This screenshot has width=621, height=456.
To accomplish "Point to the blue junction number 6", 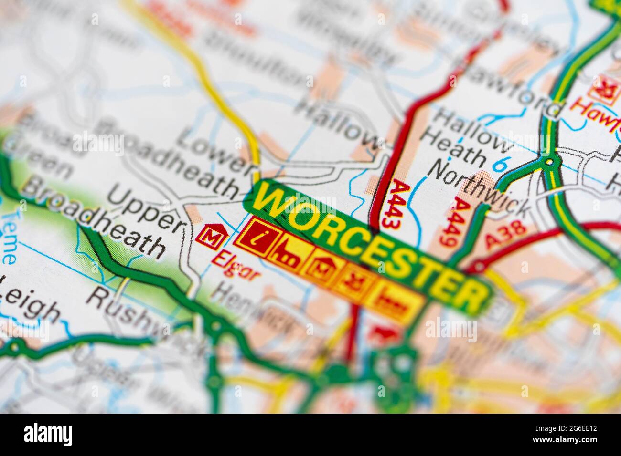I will click(500, 164).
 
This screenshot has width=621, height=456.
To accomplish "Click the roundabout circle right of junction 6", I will click(550, 162).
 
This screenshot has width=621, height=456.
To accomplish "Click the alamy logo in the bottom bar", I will click(48, 435).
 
